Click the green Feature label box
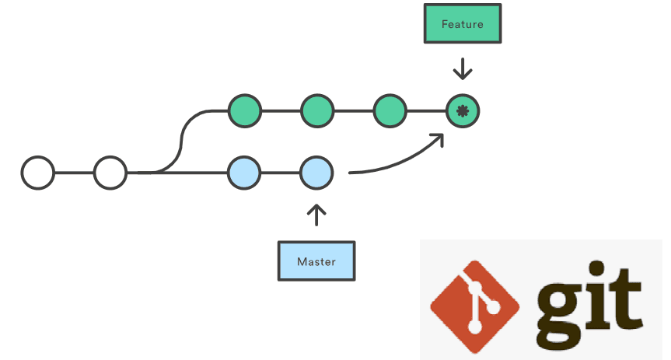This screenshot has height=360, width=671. (462, 24)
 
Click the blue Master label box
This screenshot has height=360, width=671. (316, 260)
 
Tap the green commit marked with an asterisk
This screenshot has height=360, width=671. (462, 111)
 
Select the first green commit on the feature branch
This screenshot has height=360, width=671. (244, 111)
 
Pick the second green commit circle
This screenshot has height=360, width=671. (316, 111)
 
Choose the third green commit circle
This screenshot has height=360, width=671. (390, 111)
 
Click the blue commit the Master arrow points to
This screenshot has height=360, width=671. (316, 173)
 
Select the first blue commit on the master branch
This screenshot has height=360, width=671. (244, 173)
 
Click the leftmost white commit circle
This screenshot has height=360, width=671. (37, 173)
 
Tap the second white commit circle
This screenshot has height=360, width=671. (110, 173)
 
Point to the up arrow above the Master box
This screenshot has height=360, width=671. (316, 214)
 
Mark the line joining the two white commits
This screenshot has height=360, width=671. (74, 173)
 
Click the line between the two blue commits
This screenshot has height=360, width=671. (280, 173)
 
